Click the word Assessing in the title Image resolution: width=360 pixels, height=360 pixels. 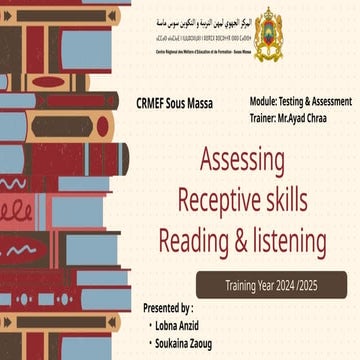pos(243,160)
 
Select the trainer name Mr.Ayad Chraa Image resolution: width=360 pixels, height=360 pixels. pos(300,117)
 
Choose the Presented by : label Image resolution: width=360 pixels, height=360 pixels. pos(168,308)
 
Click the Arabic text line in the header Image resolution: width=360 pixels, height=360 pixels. pos(205,20)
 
